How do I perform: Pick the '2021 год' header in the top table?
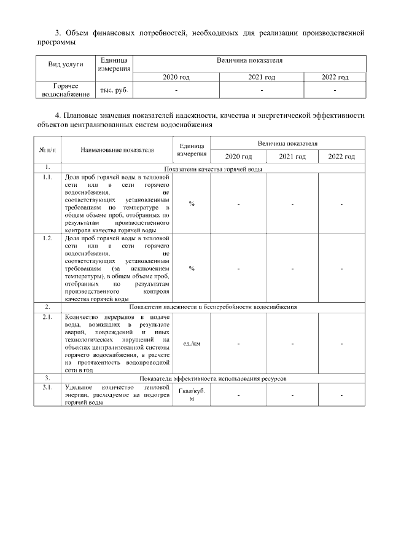(x=262, y=77)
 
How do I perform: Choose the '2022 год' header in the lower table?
(x=341, y=157)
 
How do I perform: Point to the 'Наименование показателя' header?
(x=117, y=149)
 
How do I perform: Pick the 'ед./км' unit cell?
(x=192, y=343)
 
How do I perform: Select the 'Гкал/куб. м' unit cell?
(x=192, y=394)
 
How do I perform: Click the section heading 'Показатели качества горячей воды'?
(x=214, y=168)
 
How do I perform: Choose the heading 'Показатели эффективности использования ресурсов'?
(x=213, y=378)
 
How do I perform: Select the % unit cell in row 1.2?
(x=192, y=268)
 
